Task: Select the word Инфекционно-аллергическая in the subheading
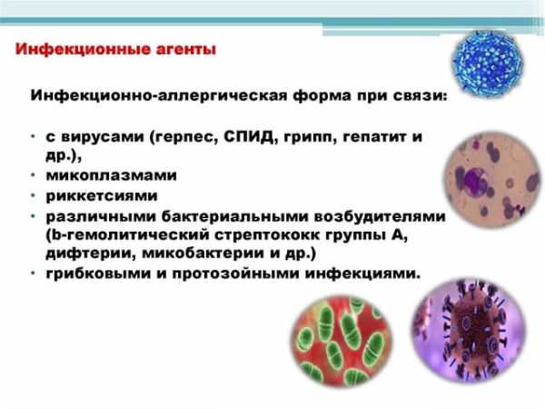pos(159,95)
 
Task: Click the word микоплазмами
pos(111,175)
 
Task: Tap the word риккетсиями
pos(102,195)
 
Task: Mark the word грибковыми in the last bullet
pos(98,274)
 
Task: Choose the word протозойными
pos(235,274)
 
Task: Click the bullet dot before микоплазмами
pos(33,175)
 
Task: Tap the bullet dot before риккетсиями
pos(33,195)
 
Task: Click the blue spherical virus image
pos(487,63)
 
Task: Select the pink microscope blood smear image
pos(493,179)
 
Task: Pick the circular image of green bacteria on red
pos(342,341)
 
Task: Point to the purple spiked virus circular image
pos(470,331)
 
